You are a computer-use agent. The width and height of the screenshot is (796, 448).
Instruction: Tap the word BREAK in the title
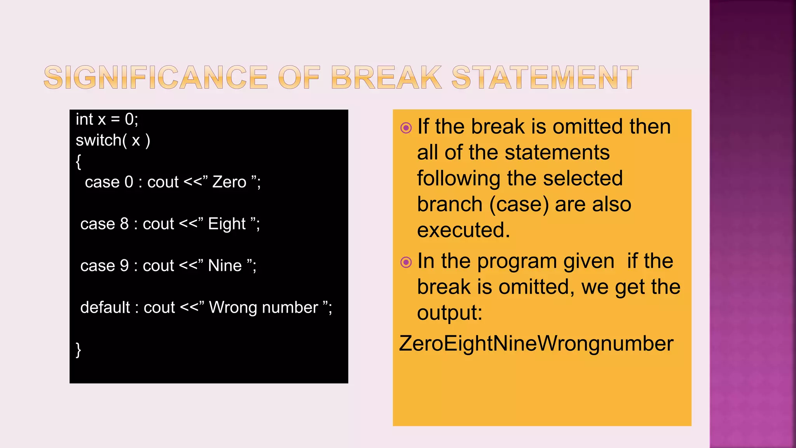click(386, 77)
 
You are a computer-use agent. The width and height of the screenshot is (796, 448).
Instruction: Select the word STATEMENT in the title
click(545, 77)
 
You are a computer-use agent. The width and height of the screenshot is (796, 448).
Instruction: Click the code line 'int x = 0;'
click(107, 119)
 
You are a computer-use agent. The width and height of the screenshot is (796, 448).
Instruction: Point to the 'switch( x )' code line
click(113, 140)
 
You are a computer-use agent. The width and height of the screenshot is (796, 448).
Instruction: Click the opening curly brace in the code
click(79, 161)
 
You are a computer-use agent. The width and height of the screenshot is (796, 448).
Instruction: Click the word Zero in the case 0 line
click(229, 182)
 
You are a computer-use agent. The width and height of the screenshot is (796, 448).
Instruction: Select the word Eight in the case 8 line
click(227, 224)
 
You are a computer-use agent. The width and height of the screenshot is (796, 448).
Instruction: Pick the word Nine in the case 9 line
click(225, 266)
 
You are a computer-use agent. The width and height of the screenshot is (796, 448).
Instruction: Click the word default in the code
click(105, 308)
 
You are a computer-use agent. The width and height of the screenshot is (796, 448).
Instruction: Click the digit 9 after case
click(124, 266)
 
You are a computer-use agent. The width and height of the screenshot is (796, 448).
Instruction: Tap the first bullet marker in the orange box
click(406, 128)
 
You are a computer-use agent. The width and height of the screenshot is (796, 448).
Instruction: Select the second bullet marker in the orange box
click(406, 262)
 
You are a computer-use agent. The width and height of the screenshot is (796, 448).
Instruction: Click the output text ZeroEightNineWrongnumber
click(536, 344)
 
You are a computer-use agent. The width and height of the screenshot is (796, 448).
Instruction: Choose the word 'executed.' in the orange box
click(463, 230)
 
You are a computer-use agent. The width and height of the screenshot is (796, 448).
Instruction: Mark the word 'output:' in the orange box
click(450, 313)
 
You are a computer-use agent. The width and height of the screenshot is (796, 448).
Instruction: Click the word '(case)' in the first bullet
click(519, 205)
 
